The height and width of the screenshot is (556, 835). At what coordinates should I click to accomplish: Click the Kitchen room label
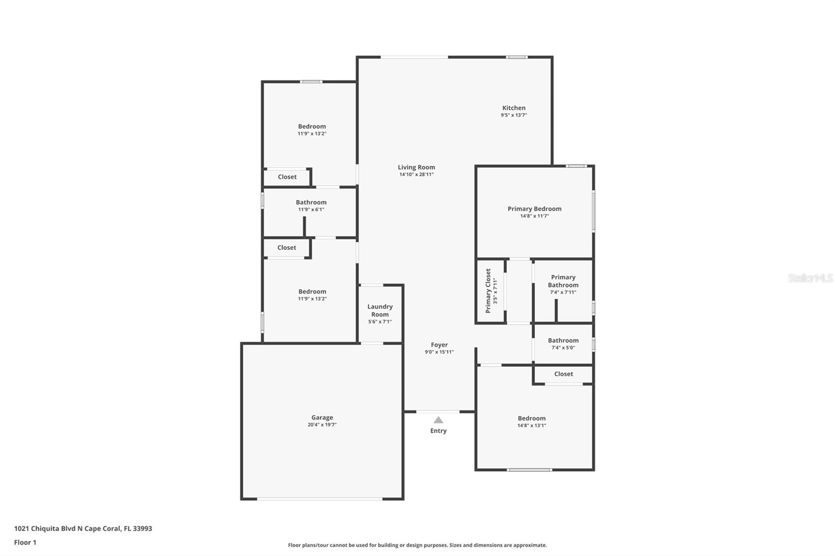(514, 108)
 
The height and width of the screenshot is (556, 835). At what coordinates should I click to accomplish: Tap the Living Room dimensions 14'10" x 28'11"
(416, 175)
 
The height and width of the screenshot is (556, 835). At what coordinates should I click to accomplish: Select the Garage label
(322, 417)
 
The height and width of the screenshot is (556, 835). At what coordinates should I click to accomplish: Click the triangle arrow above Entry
(438, 420)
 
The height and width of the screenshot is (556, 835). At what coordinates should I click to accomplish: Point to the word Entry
(438, 431)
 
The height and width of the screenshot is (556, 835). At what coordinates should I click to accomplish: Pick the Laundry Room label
(380, 310)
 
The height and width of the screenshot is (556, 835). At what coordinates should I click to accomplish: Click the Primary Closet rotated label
(488, 291)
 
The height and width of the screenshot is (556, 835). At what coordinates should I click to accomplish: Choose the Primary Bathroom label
(563, 281)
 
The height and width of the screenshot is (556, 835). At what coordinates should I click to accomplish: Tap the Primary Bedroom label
(534, 209)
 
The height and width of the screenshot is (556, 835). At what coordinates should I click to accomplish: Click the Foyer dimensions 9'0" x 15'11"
(439, 352)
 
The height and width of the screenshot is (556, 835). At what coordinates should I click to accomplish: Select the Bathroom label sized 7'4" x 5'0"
(563, 341)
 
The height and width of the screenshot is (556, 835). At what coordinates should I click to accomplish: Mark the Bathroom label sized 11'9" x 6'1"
(311, 202)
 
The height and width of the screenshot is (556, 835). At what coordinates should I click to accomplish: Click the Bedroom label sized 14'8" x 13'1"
(532, 418)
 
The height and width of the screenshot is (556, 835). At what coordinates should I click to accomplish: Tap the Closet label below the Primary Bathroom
(564, 374)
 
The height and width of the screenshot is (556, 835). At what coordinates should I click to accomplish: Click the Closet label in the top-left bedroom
(287, 177)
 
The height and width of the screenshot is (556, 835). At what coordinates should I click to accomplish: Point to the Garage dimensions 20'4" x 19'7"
(322, 425)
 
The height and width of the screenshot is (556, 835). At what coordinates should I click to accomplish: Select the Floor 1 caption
(25, 542)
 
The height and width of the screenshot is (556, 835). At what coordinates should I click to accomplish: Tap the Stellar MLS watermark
(810, 278)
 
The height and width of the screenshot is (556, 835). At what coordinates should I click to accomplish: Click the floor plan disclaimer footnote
(417, 545)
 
